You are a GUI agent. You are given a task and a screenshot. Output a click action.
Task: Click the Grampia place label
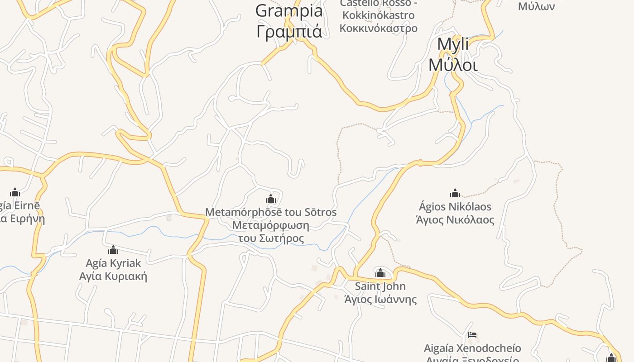coord(289,11)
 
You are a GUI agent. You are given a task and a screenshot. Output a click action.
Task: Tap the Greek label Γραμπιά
coord(289,31)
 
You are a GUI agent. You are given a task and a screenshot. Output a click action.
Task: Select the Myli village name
coord(453,45)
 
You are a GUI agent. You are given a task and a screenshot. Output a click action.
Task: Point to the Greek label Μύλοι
coord(453,65)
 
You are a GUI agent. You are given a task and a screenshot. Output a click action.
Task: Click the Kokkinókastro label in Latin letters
coord(378,15)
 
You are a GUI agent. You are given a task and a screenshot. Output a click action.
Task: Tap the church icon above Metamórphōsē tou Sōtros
coord(271,199)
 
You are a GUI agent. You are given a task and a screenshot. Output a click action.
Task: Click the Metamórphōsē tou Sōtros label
coord(271,212)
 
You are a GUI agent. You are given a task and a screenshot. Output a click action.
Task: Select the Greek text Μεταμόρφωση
coord(271,225)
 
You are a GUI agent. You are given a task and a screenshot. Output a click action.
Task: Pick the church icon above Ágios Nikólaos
coord(455,194)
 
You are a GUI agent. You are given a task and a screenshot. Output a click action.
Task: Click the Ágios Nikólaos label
coord(455,207)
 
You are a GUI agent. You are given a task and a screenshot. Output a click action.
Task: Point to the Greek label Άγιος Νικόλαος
coord(455,220)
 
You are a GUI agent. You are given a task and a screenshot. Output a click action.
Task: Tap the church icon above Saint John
coord(380,273)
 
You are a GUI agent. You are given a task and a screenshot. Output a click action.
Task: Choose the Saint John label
coord(380,286)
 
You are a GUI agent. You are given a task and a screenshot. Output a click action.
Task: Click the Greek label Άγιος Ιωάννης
coord(380,300)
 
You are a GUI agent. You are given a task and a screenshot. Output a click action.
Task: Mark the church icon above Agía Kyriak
coord(113,250)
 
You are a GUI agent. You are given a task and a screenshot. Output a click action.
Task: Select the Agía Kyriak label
coord(113,263)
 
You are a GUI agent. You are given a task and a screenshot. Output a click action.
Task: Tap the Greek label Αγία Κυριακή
coord(113,276)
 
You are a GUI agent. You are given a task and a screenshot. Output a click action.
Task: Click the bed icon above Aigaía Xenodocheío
coord(472,335)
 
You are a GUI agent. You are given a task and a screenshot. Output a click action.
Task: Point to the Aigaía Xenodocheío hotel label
coord(472,348)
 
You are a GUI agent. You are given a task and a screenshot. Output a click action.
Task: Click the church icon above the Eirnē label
coord(15,192)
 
